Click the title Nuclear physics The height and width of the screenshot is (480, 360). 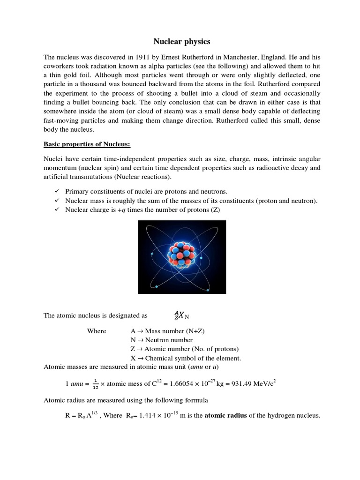(x=180, y=42)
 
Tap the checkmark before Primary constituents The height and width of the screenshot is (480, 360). (x=56, y=192)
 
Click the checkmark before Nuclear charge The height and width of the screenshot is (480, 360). (x=56, y=210)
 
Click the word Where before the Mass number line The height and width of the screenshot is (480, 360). (x=97, y=331)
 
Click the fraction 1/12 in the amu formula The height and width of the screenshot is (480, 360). (x=95, y=383)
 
